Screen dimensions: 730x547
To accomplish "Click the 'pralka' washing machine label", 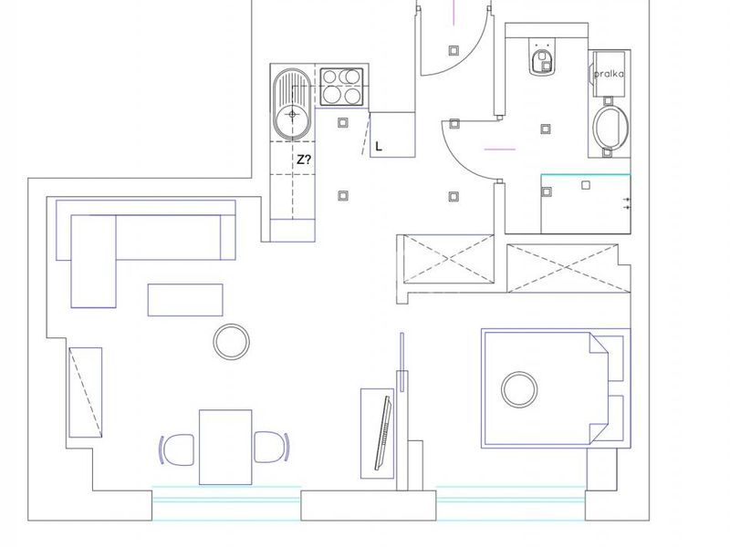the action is [x=609, y=74].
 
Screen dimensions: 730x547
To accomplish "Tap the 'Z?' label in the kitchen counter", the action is [x=304, y=160].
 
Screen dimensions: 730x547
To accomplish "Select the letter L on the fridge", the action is [x=379, y=147].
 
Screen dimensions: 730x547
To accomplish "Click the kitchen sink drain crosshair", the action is [x=292, y=114].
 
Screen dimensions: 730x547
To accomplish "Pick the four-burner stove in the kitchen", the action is [x=341, y=87].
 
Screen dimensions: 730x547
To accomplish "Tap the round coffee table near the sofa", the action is [x=232, y=342].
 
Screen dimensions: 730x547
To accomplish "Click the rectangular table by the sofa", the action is [x=185, y=300].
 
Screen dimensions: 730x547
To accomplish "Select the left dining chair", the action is [x=177, y=449].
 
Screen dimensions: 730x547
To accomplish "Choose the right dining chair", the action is [x=272, y=447].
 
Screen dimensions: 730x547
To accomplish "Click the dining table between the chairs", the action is [x=225, y=447].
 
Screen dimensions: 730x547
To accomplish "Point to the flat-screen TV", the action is [x=383, y=433].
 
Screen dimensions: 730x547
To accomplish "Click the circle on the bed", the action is [x=519, y=389].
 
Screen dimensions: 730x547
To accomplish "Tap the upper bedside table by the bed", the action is [x=610, y=358].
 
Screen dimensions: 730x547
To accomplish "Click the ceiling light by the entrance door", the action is [x=454, y=50].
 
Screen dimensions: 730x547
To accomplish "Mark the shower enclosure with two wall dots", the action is [x=586, y=203].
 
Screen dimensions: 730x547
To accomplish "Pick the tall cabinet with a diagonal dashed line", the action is [x=86, y=393].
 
